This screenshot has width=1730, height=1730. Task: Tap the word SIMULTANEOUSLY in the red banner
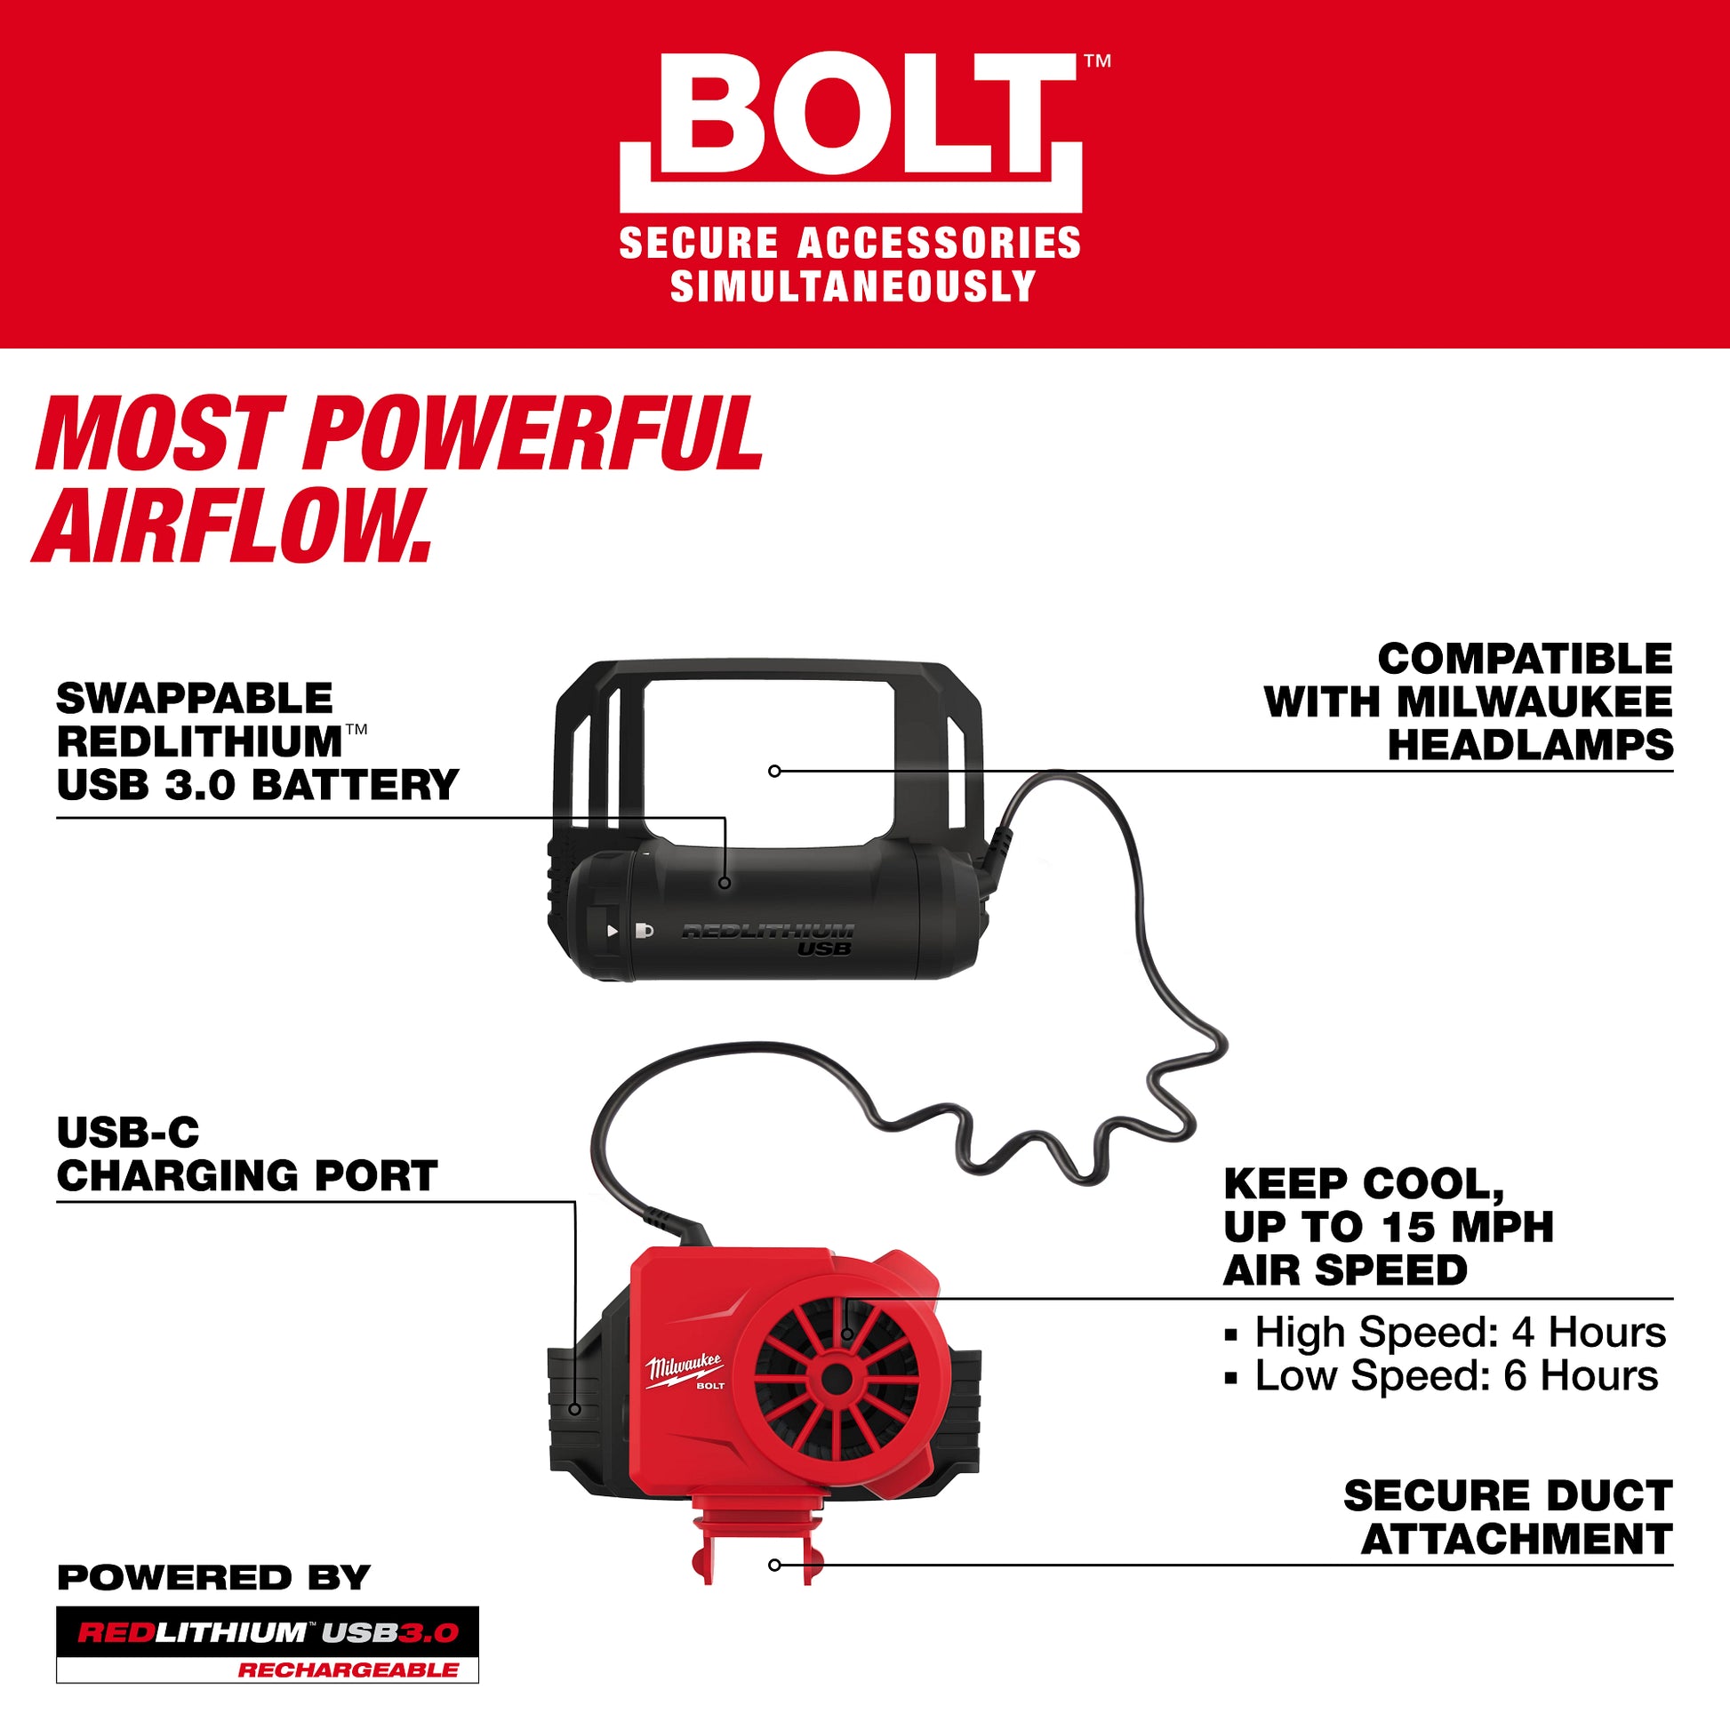(852, 286)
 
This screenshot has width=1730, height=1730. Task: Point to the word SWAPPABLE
(195, 699)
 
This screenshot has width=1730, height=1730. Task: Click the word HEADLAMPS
(1529, 745)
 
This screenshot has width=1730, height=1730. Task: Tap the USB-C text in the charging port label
(128, 1133)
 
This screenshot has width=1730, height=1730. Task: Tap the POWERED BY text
(213, 1578)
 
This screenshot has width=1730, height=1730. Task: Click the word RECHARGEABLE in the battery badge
(348, 1670)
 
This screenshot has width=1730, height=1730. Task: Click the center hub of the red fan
(837, 1378)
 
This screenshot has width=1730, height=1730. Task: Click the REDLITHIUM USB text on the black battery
(768, 938)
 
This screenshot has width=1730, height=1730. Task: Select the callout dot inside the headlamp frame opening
(774, 771)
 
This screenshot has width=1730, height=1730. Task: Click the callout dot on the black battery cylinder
(725, 883)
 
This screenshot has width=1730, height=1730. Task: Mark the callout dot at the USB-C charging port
(575, 1409)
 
